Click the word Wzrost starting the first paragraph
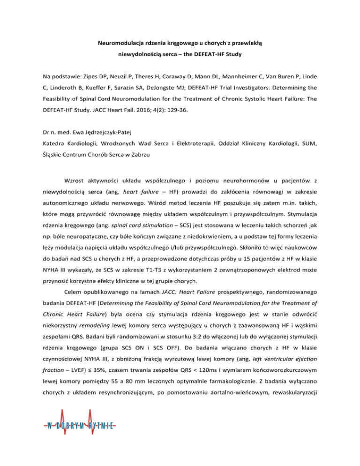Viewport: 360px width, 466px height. (81, 192)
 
